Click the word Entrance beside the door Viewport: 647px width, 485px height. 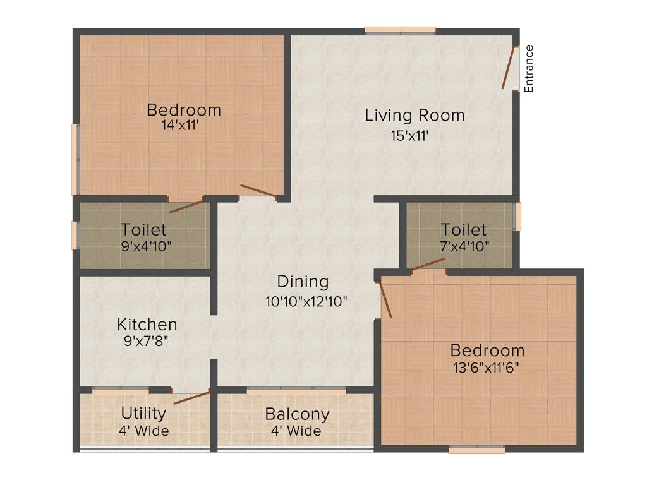529,69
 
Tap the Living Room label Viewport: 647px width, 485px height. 414,116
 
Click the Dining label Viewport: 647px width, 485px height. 303,282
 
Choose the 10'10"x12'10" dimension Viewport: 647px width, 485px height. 306,301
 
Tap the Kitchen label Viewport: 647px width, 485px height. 147,325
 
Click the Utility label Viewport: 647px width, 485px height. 143,414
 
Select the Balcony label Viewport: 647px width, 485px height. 297,414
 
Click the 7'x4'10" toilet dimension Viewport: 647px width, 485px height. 464,246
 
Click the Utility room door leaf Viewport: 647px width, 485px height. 191,397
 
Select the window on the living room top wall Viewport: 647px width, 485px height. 400,30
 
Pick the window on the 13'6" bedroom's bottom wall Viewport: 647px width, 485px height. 477,450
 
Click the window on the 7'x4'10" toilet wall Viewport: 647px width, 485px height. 517,216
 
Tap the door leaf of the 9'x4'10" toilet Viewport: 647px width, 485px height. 187,205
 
